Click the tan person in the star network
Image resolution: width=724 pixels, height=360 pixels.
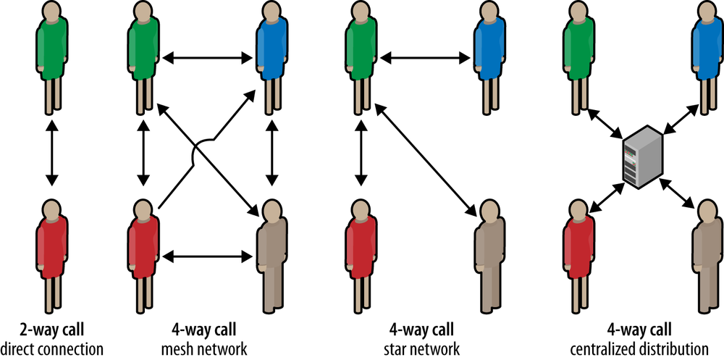tap(489, 250)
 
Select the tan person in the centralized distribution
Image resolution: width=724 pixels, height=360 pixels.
tap(707, 250)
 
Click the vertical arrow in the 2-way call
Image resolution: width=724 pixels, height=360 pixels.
tap(50, 156)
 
